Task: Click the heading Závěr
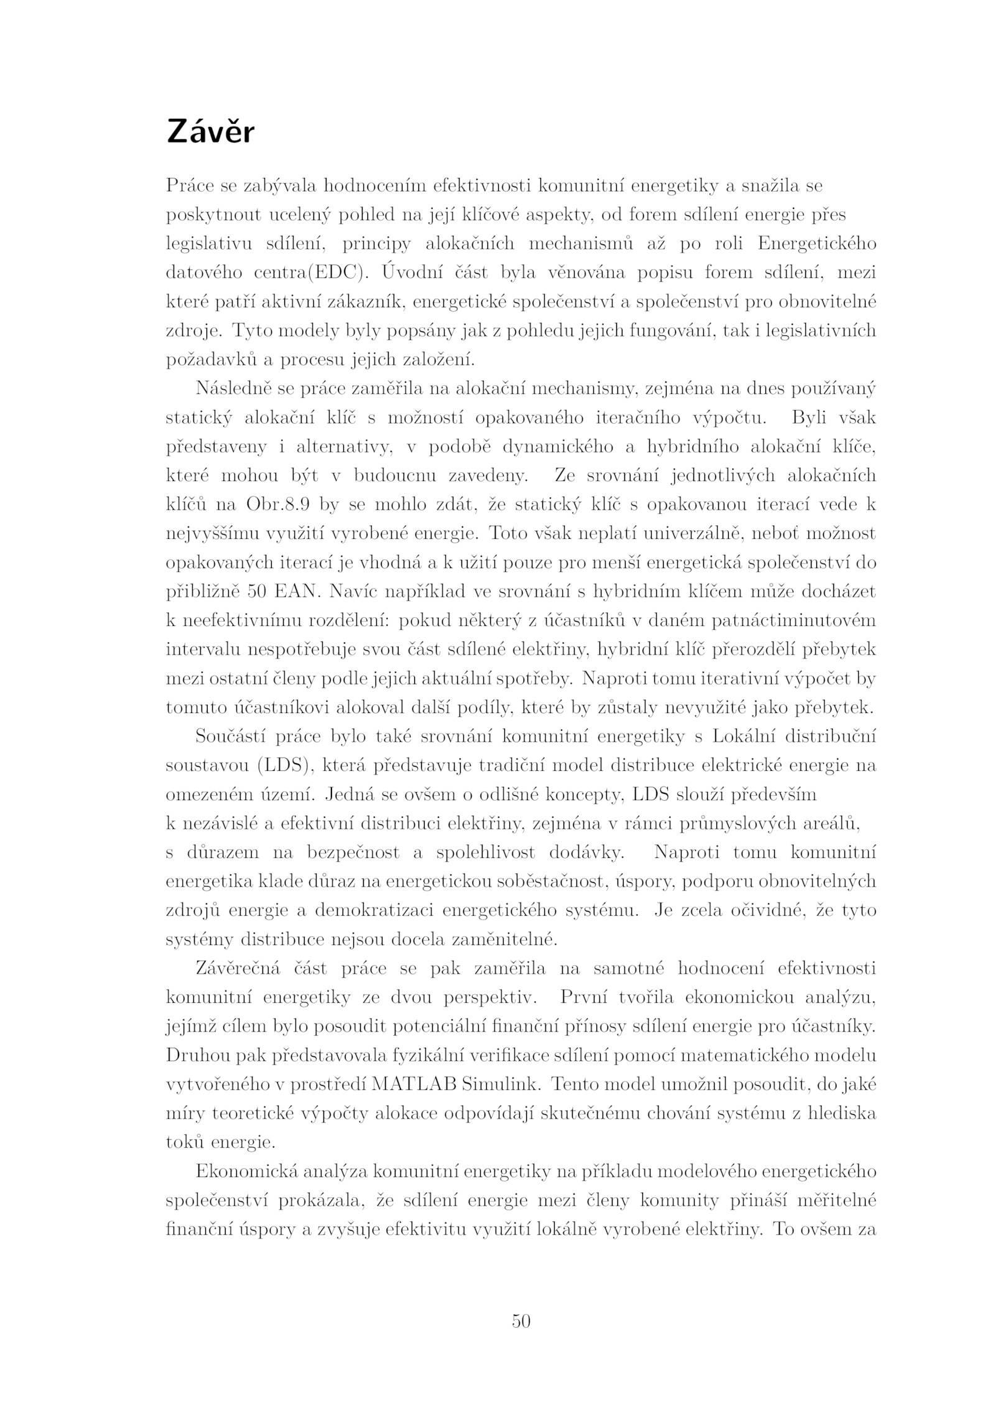coord(210,133)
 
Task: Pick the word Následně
coord(231,389)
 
